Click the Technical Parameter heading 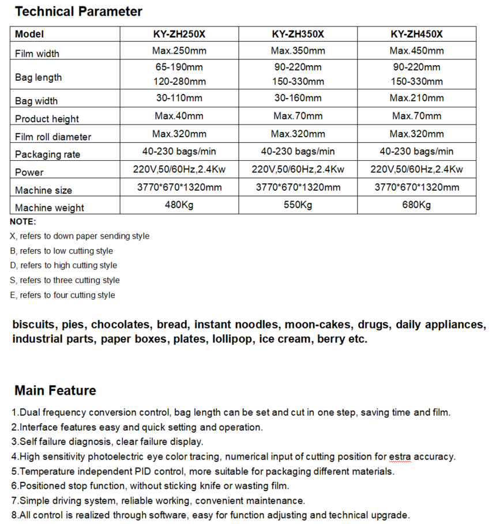(x=78, y=12)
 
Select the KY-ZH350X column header (x=298, y=34)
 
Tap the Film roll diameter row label (x=53, y=137)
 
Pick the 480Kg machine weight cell (x=179, y=205)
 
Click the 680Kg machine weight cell (x=416, y=205)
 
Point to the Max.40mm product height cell (x=179, y=116)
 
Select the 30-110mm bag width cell (x=179, y=98)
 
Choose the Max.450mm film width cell (x=416, y=51)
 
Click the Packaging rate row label (x=47, y=154)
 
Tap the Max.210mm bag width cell (x=416, y=98)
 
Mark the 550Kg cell (x=298, y=205)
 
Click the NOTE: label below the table (x=23, y=222)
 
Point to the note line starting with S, (x=65, y=280)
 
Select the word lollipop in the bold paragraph (x=231, y=339)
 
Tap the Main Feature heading (x=55, y=391)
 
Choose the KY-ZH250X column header (x=179, y=34)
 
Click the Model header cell (x=29, y=35)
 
